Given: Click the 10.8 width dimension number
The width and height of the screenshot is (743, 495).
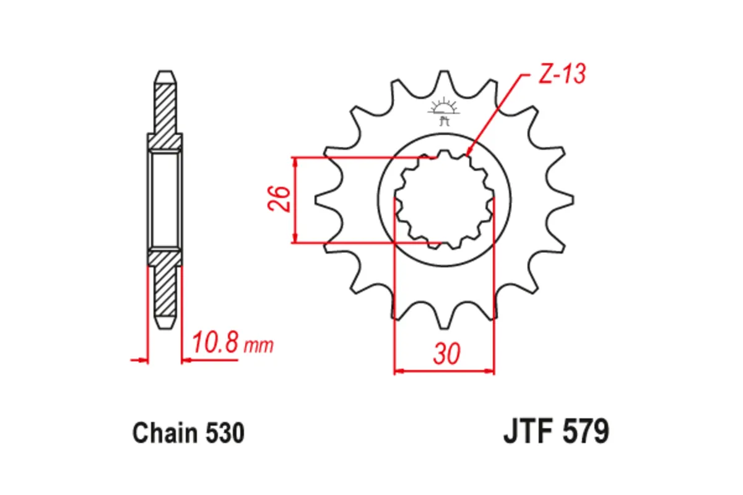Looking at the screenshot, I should tap(215, 343).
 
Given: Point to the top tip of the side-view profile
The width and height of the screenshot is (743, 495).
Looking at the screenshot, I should tap(165, 73).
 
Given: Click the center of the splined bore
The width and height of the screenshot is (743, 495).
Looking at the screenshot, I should tap(445, 200).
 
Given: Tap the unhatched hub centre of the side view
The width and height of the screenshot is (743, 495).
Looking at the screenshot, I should tap(165, 199).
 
